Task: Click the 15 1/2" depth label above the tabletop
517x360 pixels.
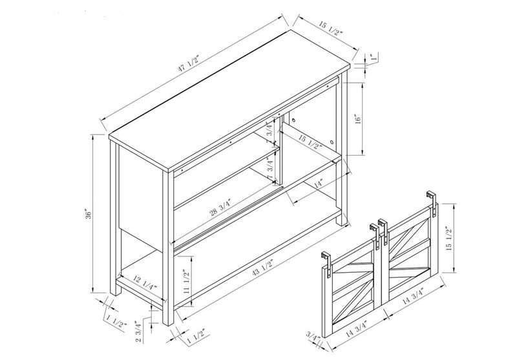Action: coord(330,28)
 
